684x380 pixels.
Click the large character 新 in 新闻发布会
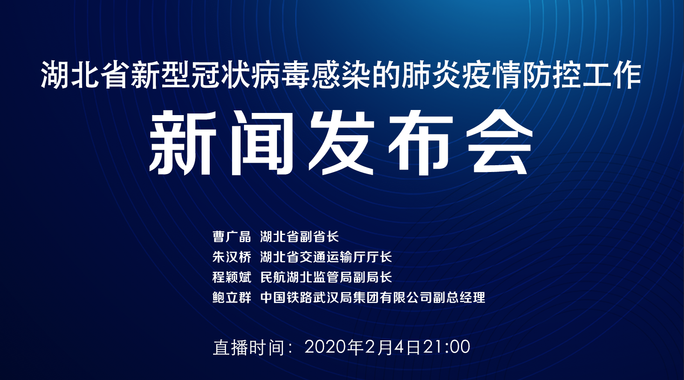click(x=183, y=143)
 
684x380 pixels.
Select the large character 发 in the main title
click(x=341, y=143)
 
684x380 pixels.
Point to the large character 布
click(x=421, y=143)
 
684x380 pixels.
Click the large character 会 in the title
click(x=500, y=143)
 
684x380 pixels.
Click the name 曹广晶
click(x=232, y=237)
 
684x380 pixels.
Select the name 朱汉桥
click(x=232, y=257)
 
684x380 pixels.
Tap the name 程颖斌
click(x=232, y=277)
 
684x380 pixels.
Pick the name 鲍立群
click(x=232, y=297)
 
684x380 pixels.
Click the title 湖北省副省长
click(x=299, y=237)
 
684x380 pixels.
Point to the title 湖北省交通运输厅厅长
click(x=326, y=257)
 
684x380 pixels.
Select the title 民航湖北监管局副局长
click(x=326, y=277)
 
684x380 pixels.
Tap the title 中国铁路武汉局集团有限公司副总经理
click(x=372, y=297)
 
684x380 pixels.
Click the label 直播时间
click(x=249, y=347)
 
